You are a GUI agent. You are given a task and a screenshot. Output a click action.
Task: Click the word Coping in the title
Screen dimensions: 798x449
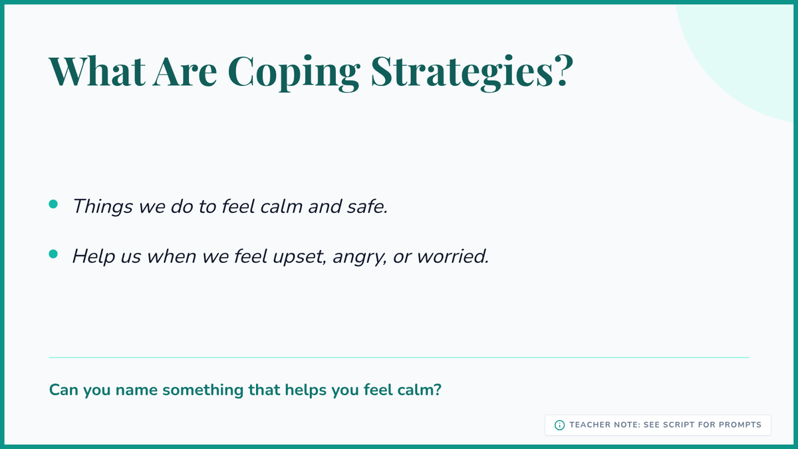point(294,73)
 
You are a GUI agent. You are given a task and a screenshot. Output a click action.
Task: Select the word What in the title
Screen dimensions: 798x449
point(97,71)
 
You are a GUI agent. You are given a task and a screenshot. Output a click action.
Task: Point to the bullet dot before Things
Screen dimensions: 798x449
point(53,204)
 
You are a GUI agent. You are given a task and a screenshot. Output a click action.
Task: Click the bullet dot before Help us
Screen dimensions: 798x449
point(53,253)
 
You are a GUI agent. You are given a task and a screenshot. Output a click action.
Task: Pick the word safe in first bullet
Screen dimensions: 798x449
point(367,206)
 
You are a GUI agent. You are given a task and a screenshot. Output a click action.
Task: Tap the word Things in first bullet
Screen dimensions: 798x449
point(102,207)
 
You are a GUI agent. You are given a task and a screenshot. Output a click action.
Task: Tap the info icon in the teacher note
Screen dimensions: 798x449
point(559,425)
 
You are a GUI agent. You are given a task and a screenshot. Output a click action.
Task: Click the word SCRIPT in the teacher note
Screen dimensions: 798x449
point(679,425)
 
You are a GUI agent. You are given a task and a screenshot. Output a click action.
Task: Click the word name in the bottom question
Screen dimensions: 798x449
point(136,390)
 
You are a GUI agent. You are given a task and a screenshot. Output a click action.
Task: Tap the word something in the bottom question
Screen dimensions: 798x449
point(203,390)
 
